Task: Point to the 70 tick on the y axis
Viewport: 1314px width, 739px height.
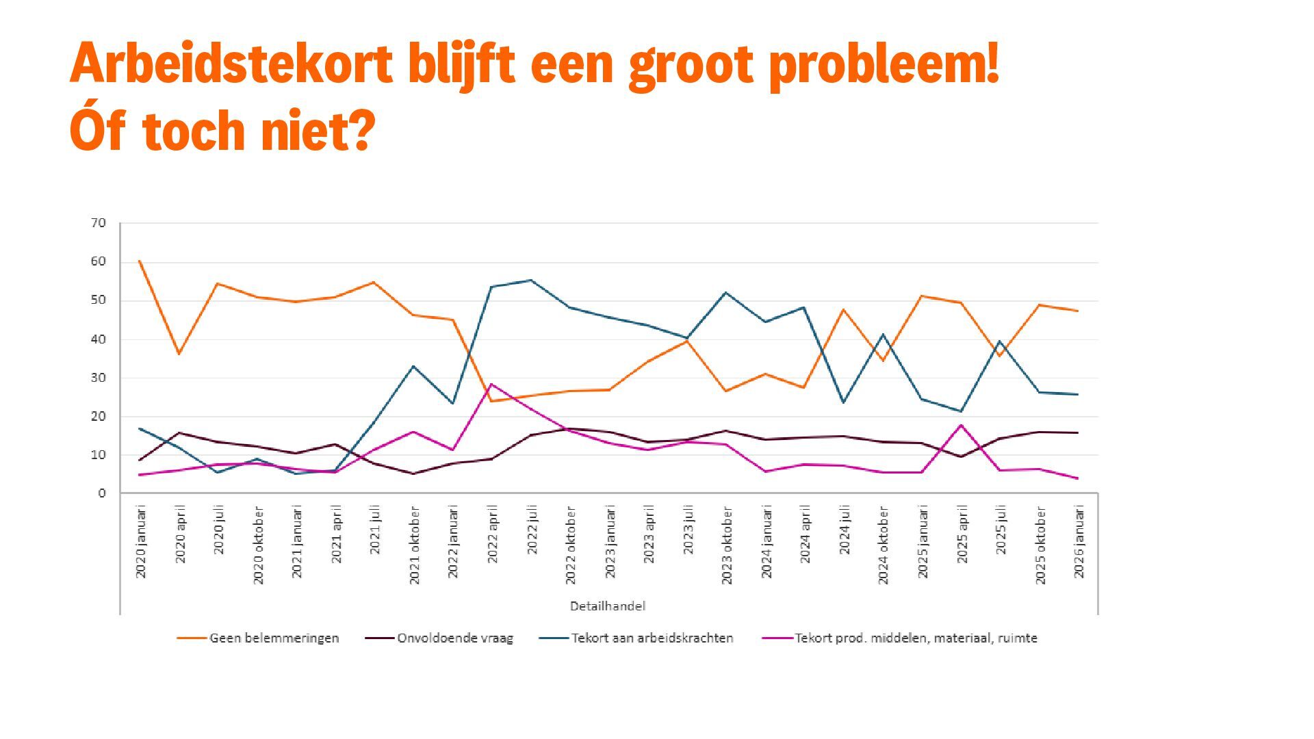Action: point(98,223)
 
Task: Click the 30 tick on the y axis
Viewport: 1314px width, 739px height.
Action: point(98,378)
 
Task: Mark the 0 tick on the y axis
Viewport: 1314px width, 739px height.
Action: point(102,493)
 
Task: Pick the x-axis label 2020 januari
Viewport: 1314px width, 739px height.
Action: point(141,542)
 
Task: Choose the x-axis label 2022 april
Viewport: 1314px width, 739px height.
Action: point(493,534)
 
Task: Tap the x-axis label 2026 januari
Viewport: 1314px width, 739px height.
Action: point(1079,542)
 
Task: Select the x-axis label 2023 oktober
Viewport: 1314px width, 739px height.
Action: point(727,545)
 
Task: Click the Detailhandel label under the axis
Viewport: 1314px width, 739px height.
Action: point(608,606)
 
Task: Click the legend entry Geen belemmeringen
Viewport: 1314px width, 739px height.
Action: point(274,638)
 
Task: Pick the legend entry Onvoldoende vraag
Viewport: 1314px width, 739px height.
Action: point(454,638)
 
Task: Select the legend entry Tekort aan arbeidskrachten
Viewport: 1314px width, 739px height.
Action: point(652,638)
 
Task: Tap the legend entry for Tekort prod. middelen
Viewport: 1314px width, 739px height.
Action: point(915,638)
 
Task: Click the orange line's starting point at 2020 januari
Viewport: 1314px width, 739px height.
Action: point(140,261)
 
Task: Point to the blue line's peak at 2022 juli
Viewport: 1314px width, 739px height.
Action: point(531,280)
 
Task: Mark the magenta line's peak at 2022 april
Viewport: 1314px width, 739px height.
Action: point(491,384)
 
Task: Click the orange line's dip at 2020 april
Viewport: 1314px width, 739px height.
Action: point(179,354)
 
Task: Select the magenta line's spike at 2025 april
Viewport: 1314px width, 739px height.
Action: point(961,425)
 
